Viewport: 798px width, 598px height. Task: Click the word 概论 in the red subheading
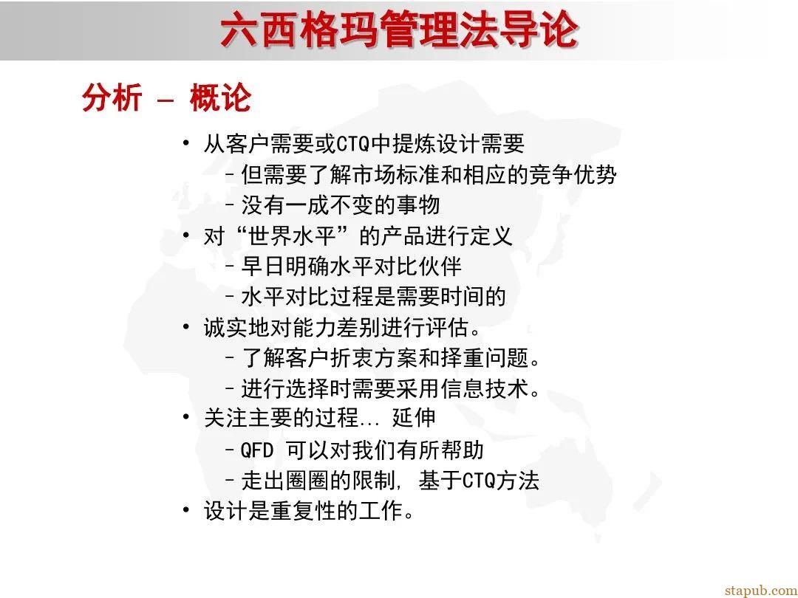click(220, 98)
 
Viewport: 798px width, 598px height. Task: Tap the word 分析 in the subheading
click(112, 98)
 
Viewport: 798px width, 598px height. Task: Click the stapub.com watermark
click(760, 590)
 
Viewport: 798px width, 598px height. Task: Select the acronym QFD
click(258, 450)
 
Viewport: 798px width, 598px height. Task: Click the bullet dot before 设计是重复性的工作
click(186, 510)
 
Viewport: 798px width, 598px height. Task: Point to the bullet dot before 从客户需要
click(186, 142)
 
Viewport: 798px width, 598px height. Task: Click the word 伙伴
click(444, 266)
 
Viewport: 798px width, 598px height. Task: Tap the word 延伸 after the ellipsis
click(414, 419)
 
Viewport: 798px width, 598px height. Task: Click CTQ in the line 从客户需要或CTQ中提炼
click(352, 143)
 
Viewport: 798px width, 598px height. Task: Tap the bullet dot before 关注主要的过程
click(186, 419)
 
